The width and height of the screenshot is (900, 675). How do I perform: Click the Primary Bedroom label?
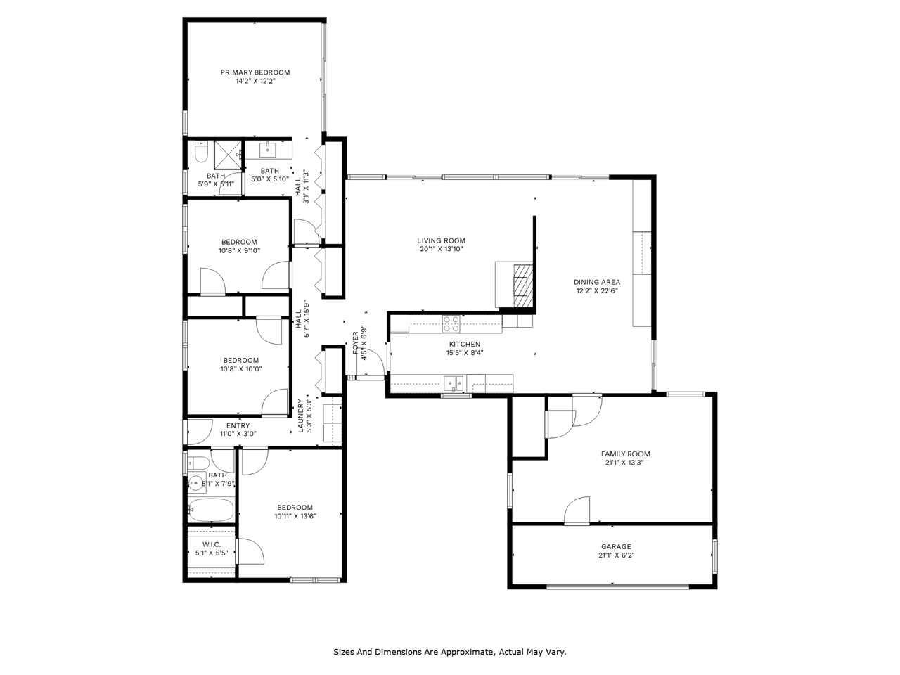click(255, 72)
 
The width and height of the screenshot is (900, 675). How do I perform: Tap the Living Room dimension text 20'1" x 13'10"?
click(441, 249)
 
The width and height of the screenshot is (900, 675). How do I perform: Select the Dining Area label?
click(596, 282)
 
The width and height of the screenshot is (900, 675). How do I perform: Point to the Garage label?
click(616, 546)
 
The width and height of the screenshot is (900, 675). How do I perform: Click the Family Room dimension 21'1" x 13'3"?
click(624, 462)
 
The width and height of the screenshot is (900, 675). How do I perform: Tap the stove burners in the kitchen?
click(451, 323)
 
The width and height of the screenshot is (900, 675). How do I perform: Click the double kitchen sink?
click(454, 384)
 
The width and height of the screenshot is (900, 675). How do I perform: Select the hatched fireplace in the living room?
click(523, 285)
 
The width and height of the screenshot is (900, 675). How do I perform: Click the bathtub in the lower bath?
click(211, 510)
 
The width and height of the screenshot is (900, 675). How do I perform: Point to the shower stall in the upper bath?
click(228, 155)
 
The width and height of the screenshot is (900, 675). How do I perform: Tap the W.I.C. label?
click(212, 544)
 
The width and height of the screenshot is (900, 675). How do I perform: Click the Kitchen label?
click(465, 344)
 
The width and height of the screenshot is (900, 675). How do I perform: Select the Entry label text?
click(238, 425)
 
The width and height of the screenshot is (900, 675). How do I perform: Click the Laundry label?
click(300, 416)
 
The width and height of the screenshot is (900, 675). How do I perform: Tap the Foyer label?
click(355, 342)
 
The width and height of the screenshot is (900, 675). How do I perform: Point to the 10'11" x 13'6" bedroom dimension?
click(295, 516)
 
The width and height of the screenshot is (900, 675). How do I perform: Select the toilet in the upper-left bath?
click(201, 152)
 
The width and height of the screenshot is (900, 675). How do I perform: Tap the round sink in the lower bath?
click(197, 484)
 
